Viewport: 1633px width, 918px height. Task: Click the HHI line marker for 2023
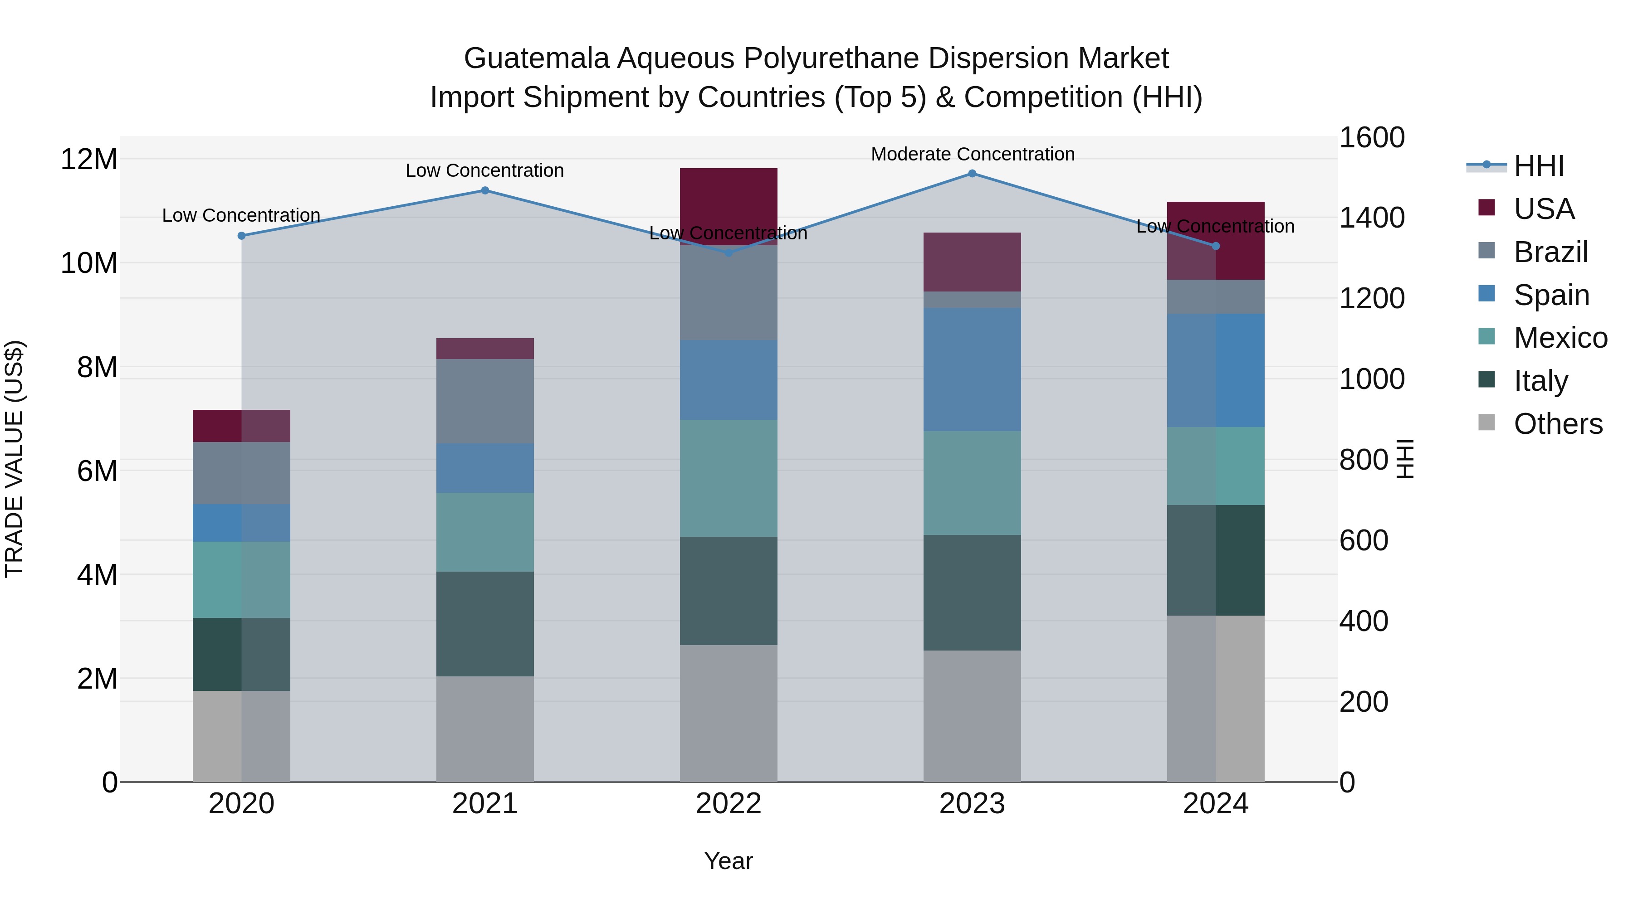972,174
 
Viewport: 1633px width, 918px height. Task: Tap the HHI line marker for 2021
485,191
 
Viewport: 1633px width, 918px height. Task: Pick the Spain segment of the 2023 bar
972,370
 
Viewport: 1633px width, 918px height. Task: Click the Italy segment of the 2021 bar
485,624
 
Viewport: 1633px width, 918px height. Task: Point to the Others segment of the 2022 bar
728,714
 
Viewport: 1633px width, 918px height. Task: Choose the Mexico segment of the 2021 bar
485,532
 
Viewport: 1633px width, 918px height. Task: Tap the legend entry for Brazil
1550,252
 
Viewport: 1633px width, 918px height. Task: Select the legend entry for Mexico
1560,338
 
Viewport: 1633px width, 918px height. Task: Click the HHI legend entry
1539,166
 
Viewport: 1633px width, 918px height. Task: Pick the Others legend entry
1558,424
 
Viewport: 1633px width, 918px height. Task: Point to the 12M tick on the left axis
89,159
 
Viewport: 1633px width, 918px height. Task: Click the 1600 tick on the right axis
1372,138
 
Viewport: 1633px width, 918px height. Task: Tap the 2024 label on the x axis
1215,804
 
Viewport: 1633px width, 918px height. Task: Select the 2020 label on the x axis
241,804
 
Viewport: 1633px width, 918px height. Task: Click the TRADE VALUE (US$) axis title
15,459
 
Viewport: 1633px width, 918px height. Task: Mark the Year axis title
728,861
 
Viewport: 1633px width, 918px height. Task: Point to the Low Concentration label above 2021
485,170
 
